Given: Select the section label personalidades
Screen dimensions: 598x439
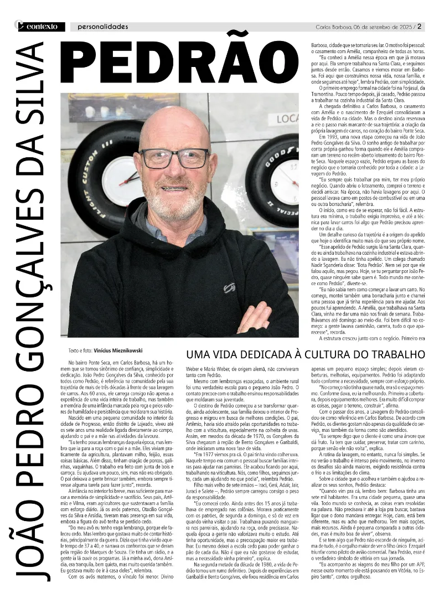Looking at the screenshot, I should [x=103, y=27].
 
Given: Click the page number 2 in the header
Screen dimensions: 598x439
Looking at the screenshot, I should [x=420, y=26].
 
